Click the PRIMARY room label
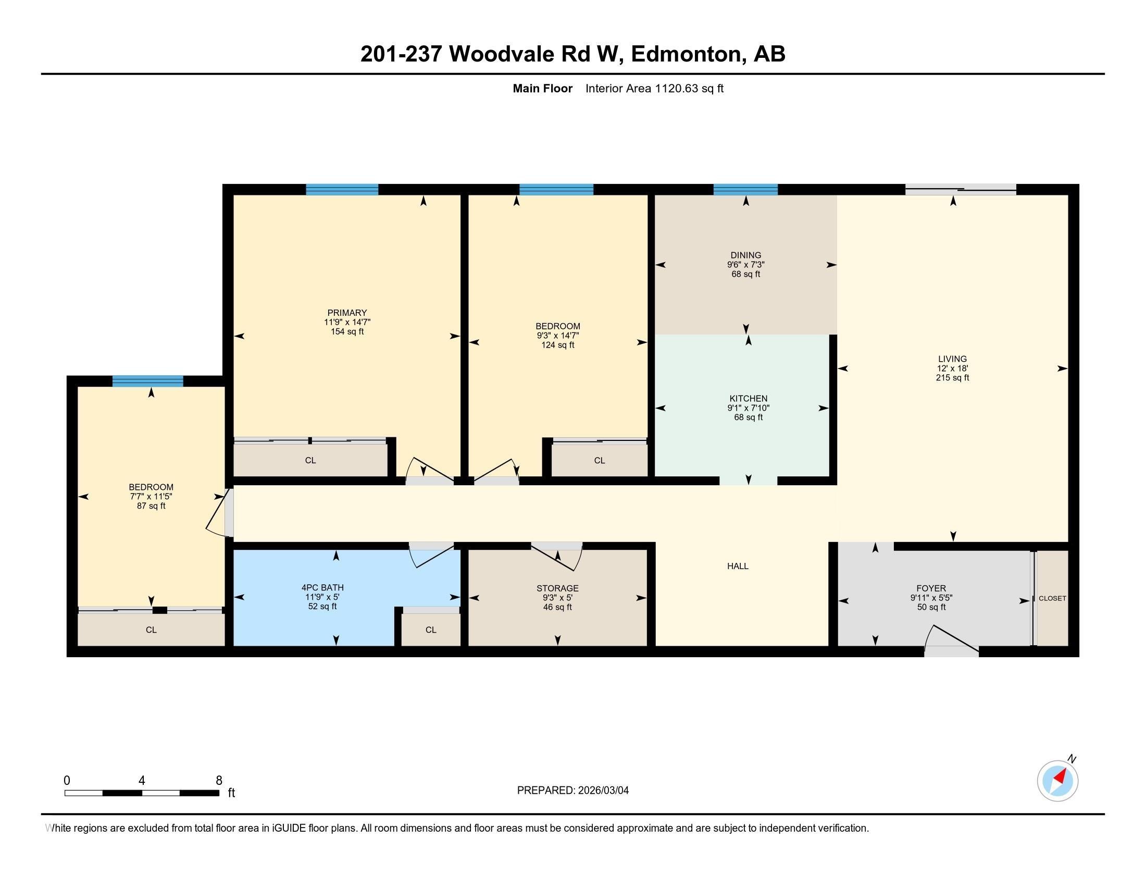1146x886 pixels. coord(347,313)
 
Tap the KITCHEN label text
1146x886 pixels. coord(748,398)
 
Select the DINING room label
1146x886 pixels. coord(745,255)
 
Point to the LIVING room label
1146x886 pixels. coord(952,359)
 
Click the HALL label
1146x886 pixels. coord(738,566)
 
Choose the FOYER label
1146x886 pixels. coord(931,588)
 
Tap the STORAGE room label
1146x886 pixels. coord(557,588)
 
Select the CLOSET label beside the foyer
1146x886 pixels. coord(1052,598)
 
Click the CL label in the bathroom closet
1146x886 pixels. coord(431,630)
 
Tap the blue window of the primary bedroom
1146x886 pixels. coord(342,190)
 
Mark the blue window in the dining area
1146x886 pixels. coord(745,190)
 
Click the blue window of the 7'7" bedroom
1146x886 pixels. coord(148,382)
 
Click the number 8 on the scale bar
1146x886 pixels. coord(219,781)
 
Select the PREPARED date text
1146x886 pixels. coord(573,791)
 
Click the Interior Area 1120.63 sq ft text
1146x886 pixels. coord(654,89)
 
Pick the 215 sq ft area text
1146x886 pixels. coord(952,377)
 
